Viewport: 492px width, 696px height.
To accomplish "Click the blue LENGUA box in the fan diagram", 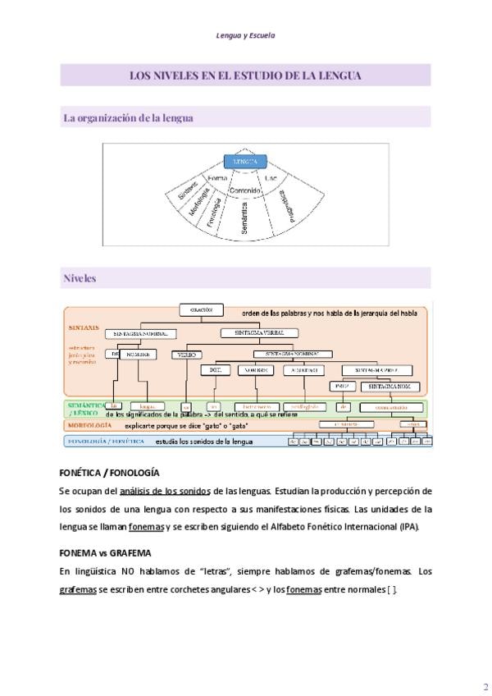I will (246, 162).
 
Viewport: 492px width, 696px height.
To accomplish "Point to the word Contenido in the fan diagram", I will (245, 190).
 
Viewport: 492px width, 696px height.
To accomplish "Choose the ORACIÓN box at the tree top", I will (201, 310).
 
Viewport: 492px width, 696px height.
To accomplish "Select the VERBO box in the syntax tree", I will (186, 355).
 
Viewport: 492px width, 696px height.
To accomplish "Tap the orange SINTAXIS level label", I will (84, 327).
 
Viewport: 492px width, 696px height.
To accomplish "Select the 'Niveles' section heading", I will (80, 278).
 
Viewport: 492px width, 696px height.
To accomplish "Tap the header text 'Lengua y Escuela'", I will (245, 36).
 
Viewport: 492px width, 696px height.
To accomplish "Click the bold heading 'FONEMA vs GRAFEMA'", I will (105, 553).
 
